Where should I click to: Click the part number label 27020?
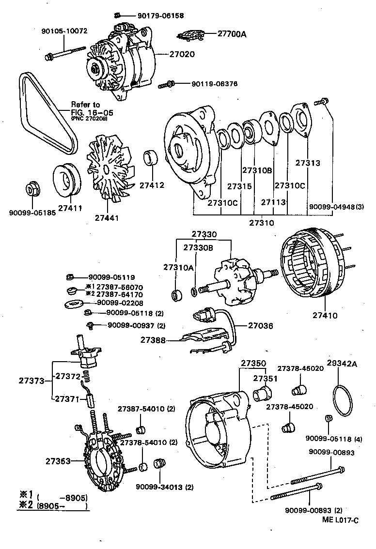pos(182,54)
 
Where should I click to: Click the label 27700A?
pos(232,34)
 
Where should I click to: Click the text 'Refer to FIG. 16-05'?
pos(92,109)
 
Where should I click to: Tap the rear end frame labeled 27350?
pos(218,426)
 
